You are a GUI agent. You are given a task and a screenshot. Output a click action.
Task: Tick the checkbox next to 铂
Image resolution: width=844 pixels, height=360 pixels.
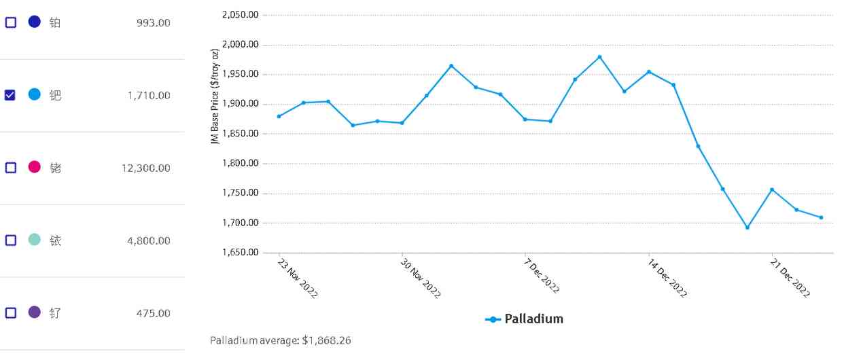(11, 22)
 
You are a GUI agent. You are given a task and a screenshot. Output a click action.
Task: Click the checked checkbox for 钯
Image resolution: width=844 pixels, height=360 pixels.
(11, 95)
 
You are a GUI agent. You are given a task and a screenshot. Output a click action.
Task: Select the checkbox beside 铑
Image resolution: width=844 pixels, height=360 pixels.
(11, 168)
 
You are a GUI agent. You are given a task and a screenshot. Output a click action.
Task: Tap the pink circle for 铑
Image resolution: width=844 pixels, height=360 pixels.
(35, 167)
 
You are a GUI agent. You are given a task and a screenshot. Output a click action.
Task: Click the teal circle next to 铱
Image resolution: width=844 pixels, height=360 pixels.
(35, 240)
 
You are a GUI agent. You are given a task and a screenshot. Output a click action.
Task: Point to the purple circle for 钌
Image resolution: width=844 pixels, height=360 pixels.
(35, 312)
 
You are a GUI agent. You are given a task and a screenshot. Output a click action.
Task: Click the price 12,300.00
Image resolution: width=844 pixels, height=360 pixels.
(146, 168)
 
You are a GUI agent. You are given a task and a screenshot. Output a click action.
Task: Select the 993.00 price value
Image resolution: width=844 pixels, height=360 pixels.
(154, 23)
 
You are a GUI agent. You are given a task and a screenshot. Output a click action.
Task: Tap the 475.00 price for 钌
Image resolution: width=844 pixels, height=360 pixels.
(154, 313)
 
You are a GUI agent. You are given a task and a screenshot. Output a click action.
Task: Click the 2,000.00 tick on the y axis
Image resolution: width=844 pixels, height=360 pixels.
(241, 45)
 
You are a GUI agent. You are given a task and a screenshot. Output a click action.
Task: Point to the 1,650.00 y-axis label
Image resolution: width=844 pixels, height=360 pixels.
(241, 253)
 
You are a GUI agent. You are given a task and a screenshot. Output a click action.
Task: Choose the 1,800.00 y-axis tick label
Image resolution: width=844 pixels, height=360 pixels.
(241, 164)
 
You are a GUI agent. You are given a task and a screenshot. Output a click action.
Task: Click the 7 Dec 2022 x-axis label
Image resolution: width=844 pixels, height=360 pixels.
(542, 275)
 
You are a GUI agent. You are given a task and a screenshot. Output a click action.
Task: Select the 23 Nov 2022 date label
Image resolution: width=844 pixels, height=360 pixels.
(298, 278)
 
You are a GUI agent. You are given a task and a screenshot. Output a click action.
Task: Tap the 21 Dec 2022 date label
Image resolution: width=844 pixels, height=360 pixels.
(790, 278)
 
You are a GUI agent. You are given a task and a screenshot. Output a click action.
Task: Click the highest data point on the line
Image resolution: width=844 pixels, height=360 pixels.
(599, 57)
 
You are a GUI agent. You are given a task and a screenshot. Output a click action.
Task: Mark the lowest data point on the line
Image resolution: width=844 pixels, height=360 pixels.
(748, 228)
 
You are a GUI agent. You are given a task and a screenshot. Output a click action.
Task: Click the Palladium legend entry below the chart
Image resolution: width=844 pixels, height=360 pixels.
(525, 319)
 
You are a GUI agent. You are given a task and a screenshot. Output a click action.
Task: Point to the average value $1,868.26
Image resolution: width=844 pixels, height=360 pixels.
(328, 340)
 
